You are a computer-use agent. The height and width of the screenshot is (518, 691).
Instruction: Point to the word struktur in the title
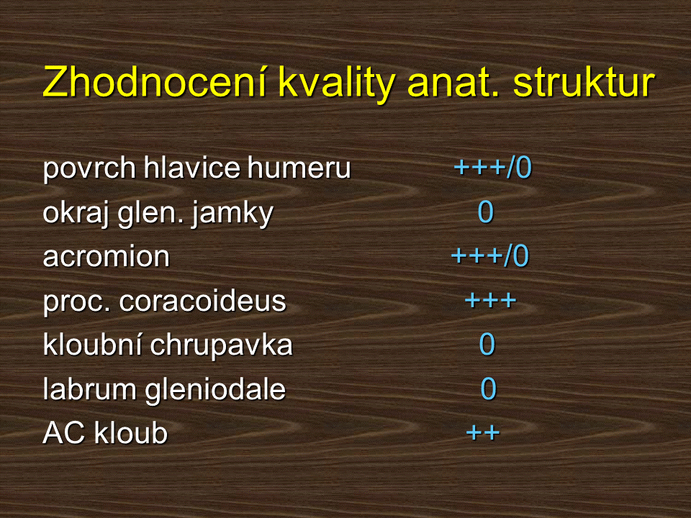(x=584, y=82)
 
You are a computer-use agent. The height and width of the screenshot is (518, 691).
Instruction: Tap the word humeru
(x=299, y=168)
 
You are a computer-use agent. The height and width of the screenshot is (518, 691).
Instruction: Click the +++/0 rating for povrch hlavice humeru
(x=493, y=168)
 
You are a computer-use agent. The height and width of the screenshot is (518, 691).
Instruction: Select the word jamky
(x=232, y=214)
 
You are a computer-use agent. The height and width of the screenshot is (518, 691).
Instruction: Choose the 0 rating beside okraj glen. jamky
(x=486, y=212)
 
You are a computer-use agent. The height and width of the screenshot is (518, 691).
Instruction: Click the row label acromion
(x=107, y=258)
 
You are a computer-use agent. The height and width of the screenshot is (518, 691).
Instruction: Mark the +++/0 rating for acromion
(x=490, y=256)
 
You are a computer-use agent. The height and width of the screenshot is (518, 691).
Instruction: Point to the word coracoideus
(x=202, y=301)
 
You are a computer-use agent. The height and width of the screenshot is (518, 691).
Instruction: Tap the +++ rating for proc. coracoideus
(x=490, y=301)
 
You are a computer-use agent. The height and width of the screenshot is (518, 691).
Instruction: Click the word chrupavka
(x=221, y=346)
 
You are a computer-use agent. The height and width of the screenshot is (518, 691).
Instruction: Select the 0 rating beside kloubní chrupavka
(x=487, y=344)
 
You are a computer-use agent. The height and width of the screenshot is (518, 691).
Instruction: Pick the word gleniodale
(x=215, y=390)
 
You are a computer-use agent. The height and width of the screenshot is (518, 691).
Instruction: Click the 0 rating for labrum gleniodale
(x=488, y=388)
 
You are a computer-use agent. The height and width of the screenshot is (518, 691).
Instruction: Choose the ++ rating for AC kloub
(x=483, y=432)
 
